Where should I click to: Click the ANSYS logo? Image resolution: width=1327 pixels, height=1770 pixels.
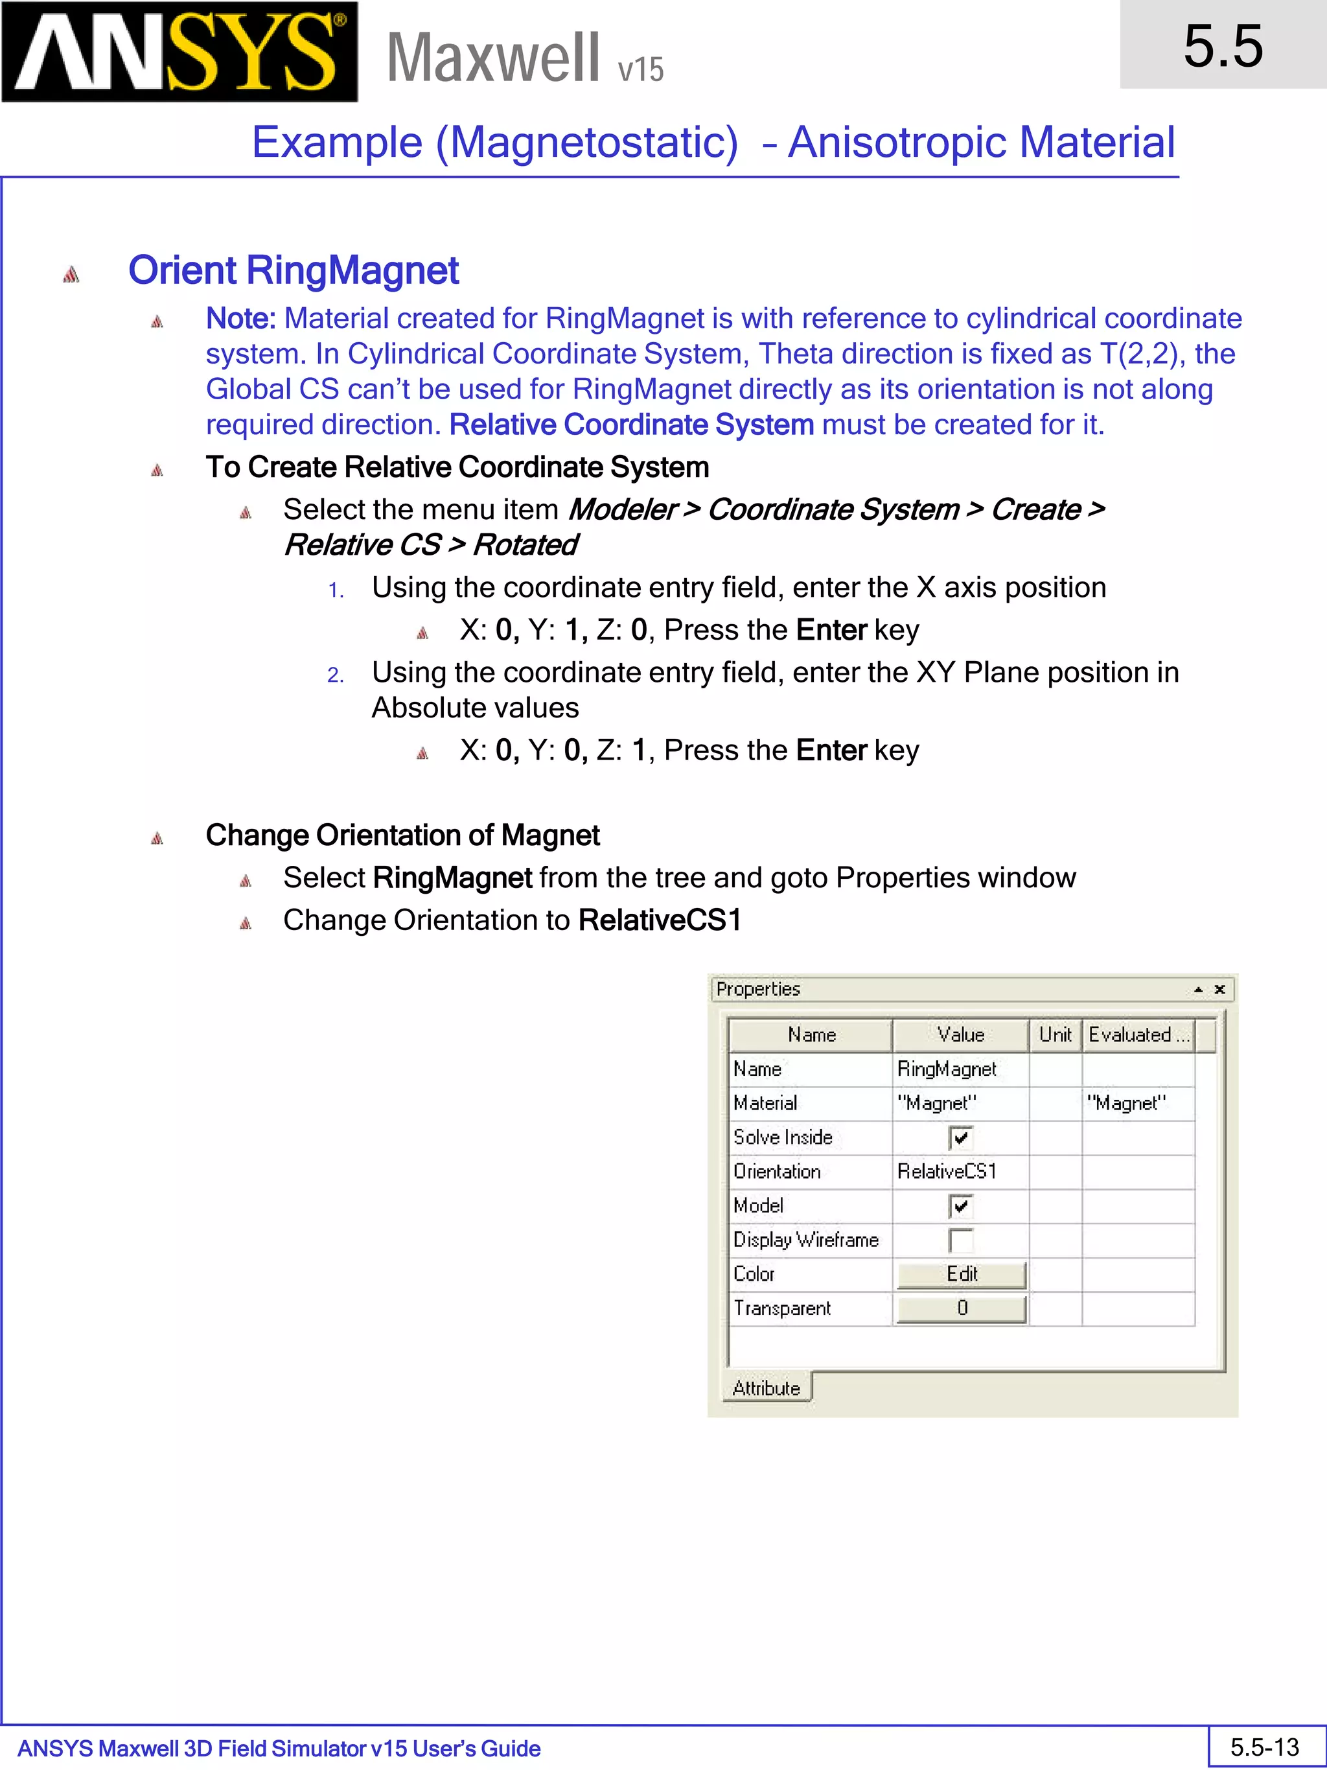[x=179, y=52]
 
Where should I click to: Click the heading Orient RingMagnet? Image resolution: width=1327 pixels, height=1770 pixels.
[x=293, y=270]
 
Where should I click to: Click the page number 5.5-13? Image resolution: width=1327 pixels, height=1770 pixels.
[x=1265, y=1747]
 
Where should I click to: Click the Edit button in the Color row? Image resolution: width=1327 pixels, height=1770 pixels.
[x=961, y=1274]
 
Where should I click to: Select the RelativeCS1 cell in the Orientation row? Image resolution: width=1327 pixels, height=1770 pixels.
[x=947, y=1171]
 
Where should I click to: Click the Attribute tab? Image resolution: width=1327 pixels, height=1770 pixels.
[x=767, y=1388]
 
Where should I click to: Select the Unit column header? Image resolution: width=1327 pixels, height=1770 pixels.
[x=1055, y=1034]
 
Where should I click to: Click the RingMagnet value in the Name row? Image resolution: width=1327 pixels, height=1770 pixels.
[x=947, y=1069]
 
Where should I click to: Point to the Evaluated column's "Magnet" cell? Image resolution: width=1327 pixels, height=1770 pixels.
[x=1126, y=1104]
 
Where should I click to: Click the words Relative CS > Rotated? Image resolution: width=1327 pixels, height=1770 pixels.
[x=430, y=545]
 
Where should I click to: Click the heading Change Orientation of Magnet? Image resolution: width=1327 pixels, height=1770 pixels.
[x=402, y=835]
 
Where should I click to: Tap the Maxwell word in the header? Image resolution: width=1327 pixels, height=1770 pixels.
[x=492, y=58]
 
